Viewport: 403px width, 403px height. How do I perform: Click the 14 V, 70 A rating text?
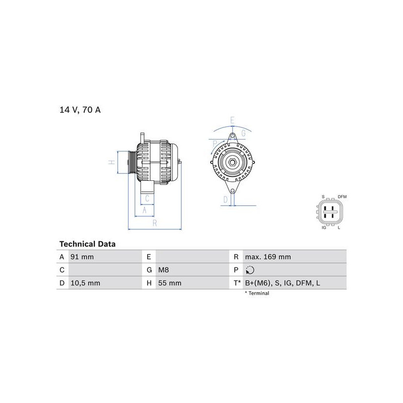click(80, 110)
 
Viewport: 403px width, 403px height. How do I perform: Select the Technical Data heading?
click(87, 244)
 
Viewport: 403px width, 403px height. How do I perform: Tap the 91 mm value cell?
click(82, 257)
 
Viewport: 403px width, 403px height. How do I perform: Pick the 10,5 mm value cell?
click(85, 283)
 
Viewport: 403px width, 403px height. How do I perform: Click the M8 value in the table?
click(163, 270)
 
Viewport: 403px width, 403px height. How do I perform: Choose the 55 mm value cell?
click(170, 283)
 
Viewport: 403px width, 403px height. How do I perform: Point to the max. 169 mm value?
click(268, 257)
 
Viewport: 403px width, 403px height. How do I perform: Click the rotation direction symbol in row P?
click(250, 270)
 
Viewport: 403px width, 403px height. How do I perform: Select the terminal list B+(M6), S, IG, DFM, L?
click(283, 283)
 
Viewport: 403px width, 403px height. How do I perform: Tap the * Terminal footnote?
click(257, 293)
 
